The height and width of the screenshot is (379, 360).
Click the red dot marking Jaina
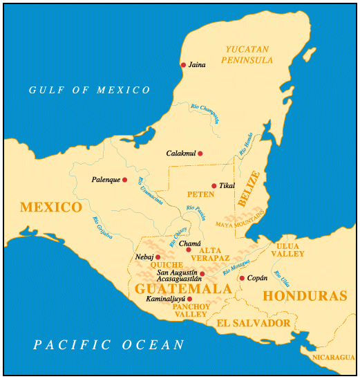pos(183,65)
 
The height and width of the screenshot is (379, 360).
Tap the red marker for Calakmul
pos(200,154)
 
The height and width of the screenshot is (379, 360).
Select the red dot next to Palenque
pos(124,180)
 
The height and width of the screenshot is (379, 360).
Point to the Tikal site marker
pos(214,185)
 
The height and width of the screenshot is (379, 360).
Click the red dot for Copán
pos(242,278)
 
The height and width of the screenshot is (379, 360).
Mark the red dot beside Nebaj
pos(158,257)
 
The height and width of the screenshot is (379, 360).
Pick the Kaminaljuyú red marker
pos(189,299)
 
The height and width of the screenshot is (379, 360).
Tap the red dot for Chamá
pos(189,250)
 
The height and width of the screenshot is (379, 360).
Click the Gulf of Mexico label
pos(89,90)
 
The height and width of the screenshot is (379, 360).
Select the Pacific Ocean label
pos(109,344)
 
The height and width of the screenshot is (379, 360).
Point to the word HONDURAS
pos(305,295)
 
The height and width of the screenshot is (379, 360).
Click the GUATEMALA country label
pos(183,288)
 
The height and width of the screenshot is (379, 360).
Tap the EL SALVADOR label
pos(253,323)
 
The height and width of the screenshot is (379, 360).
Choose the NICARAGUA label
pos(332,357)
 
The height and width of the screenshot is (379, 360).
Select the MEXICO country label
pos(51,207)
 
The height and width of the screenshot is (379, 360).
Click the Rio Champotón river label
pos(205,113)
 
